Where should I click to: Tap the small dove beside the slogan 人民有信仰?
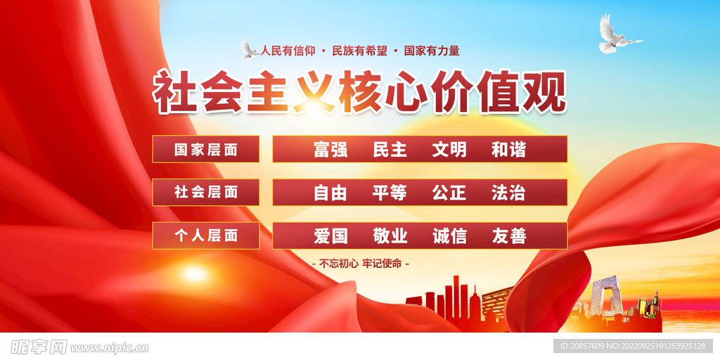pos(250,49)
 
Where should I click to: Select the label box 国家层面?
pos(206,149)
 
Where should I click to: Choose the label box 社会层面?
pos(206,193)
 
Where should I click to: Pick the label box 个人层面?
pos(206,236)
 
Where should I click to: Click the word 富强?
pos(330,150)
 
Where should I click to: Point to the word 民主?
pos(390,150)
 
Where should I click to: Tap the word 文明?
pos(449,150)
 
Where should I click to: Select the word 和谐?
pos(508,150)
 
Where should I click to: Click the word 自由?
pos(330,193)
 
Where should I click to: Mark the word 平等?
pos(390,193)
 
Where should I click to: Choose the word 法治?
pos(508,193)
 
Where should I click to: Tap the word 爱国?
pos(330,236)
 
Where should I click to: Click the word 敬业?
pos(390,236)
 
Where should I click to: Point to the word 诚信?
pos(449,236)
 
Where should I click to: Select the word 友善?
pos(508,236)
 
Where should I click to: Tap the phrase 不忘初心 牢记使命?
pos(361,264)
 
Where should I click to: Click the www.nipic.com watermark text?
pos(109,347)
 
